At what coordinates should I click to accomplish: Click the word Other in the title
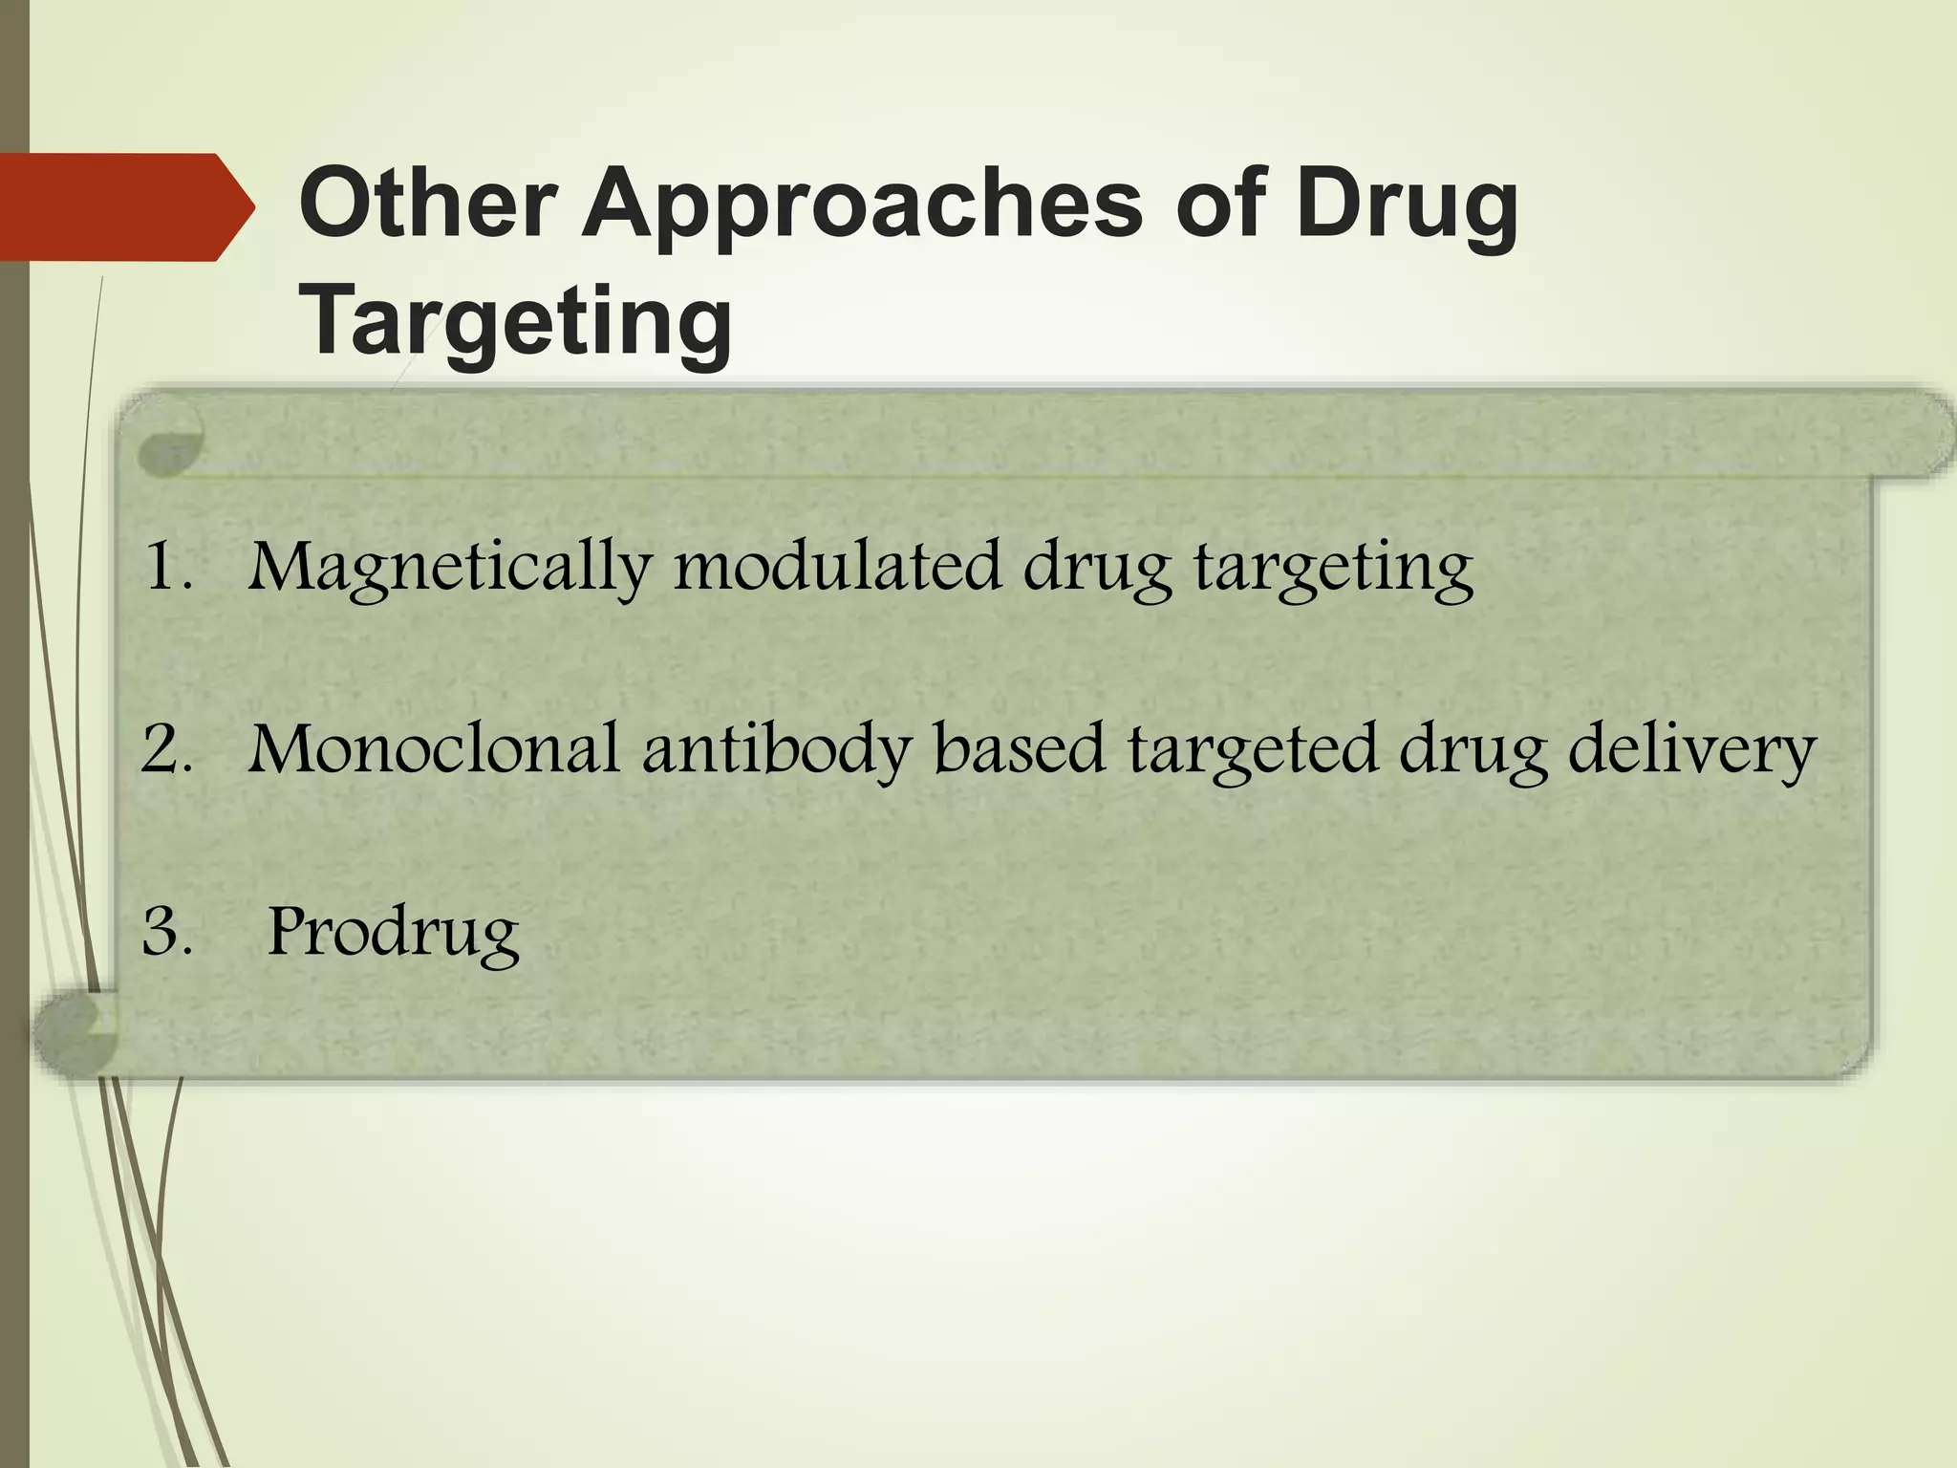[x=427, y=205]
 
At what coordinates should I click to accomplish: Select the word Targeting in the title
[x=516, y=323]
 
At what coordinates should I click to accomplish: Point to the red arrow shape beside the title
[x=124, y=206]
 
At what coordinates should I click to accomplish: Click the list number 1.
[x=166, y=567]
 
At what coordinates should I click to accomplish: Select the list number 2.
[x=166, y=749]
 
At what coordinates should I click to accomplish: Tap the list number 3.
[x=166, y=932]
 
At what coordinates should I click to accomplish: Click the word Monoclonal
[x=434, y=749]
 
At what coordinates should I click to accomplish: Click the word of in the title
[x=1219, y=205]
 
